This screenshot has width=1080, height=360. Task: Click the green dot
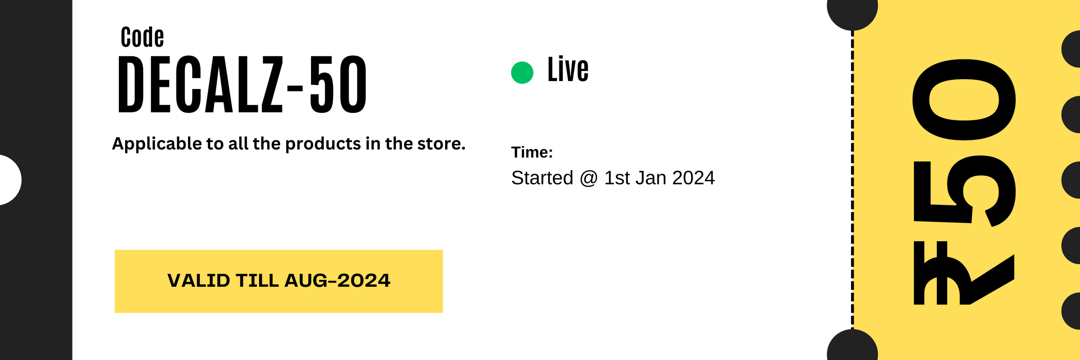tap(522, 72)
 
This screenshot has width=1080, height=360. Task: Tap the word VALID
tap(198, 280)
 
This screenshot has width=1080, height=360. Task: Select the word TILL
tap(257, 280)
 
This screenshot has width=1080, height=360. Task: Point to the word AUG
tap(306, 280)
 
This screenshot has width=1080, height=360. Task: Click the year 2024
tap(364, 280)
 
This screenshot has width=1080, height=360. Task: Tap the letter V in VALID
tap(174, 280)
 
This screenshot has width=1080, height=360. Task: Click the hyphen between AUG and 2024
tap(333, 281)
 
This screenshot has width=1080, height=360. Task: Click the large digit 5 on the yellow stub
tap(967, 191)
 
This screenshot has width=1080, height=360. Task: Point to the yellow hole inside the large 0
tap(964, 100)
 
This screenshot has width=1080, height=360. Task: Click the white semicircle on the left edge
tap(9, 180)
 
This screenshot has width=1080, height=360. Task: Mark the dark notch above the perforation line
tap(851, 13)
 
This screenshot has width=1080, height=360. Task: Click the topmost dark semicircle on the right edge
tap(1072, 49)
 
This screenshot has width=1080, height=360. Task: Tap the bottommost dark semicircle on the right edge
tap(1072, 311)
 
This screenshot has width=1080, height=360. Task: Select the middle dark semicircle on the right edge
tap(1072, 180)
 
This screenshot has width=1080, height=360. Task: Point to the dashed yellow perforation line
tap(853, 180)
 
